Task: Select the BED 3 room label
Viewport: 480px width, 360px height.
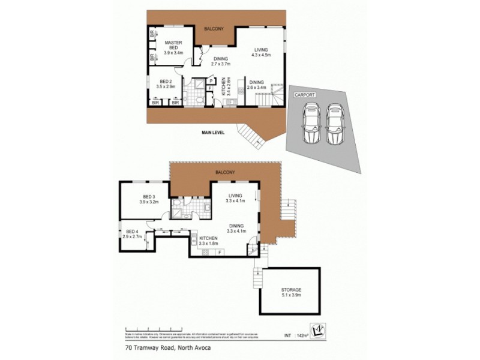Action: (149, 199)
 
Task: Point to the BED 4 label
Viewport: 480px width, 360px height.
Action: (132, 234)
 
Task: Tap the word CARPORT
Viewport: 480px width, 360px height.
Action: (304, 95)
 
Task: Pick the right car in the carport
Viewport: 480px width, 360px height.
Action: (334, 124)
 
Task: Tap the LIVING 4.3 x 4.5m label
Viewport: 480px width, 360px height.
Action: (260, 52)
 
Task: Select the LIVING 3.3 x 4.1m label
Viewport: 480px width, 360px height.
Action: (235, 198)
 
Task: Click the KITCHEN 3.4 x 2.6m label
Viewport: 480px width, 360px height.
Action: (224, 87)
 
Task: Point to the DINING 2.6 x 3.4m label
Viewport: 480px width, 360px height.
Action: (256, 85)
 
